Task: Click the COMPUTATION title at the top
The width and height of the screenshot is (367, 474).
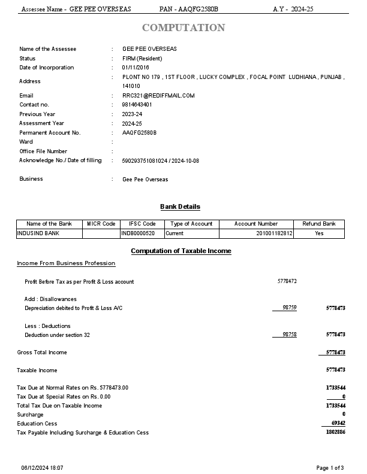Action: (183, 28)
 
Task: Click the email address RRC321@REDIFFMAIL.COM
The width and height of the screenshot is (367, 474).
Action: (158, 96)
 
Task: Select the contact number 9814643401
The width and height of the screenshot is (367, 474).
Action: (137, 105)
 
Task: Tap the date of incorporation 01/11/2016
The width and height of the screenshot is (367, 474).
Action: (136, 68)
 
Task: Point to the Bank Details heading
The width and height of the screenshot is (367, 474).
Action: (180, 206)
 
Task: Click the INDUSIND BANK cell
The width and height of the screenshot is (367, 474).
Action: (38, 233)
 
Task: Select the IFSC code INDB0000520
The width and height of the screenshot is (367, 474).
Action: (138, 233)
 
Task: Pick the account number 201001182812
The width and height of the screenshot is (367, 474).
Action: (274, 233)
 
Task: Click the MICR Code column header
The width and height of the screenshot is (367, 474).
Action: (101, 224)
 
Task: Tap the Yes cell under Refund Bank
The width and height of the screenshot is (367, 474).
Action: (319, 233)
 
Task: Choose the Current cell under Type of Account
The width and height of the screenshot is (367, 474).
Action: (175, 233)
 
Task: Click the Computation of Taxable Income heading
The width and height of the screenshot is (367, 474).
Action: (181, 251)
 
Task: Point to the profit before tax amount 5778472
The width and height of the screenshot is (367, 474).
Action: (287, 281)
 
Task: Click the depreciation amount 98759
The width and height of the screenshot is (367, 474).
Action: (289, 308)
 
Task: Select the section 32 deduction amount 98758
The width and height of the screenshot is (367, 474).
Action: (289, 335)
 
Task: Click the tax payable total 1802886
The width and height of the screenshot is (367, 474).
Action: (335, 432)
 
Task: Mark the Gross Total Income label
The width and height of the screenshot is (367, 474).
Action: (42, 353)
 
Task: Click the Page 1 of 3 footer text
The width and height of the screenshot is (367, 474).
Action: (330, 467)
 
